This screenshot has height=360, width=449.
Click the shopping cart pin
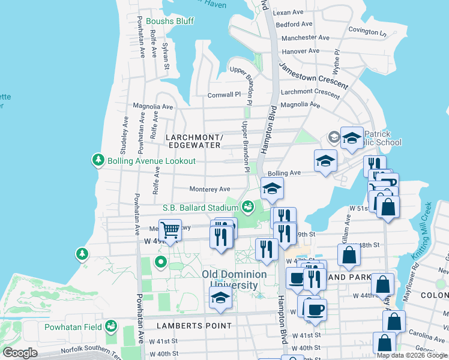[170, 230]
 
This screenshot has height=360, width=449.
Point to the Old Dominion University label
[234, 280]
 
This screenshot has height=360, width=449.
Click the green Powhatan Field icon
[111, 326]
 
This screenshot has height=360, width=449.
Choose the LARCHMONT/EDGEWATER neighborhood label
[195, 142]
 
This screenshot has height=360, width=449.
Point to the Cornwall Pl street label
[224, 94]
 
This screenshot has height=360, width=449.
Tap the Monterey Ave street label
[210, 188]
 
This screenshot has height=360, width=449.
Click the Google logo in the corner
[20, 353]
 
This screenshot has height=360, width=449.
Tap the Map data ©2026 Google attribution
[412, 355]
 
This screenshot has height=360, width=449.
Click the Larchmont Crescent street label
[310, 92]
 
